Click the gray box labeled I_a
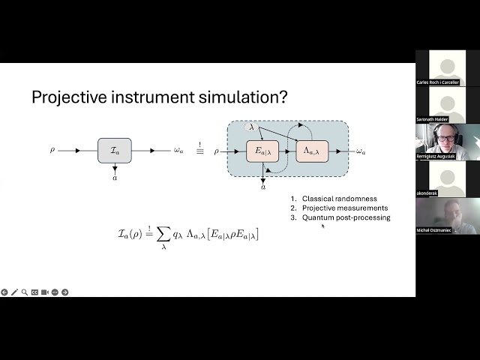pos(114,151)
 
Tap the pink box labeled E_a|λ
pos(262,151)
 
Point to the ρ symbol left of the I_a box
pos(52,150)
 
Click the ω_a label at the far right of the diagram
pos(361,151)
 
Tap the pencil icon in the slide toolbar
pos(14,292)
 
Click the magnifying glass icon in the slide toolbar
pos(24,292)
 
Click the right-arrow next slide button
pos(64,292)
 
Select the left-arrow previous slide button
pos(4,292)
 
